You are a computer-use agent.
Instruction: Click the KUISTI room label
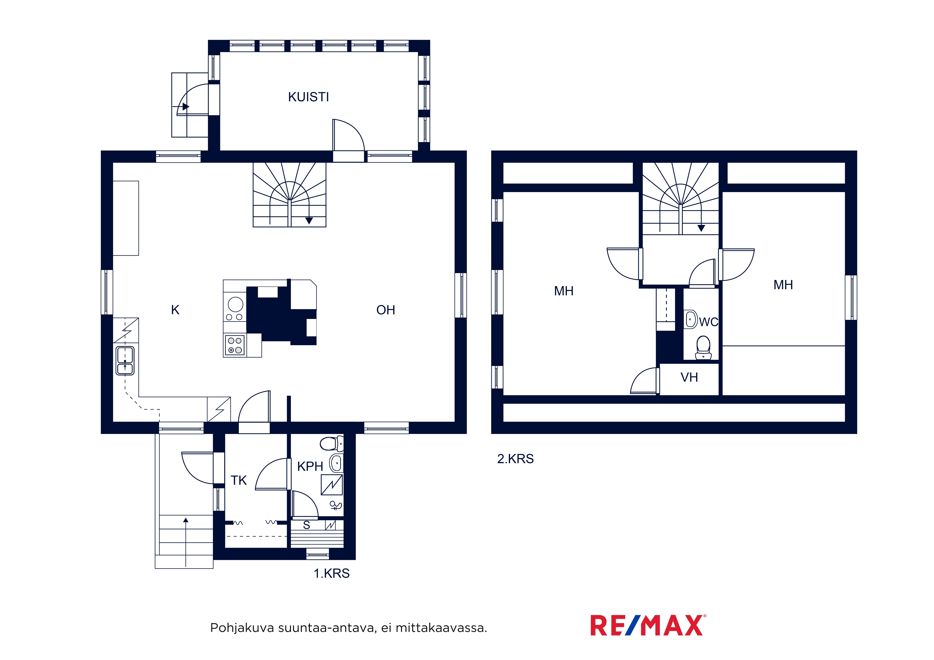tap(308, 97)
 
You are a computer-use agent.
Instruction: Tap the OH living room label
tap(386, 310)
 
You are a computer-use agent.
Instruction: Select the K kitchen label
tap(175, 310)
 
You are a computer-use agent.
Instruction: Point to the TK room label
tap(239, 480)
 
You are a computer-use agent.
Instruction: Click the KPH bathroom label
tap(310, 466)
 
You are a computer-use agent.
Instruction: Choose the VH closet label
tap(689, 377)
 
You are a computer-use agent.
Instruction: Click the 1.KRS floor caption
tap(332, 573)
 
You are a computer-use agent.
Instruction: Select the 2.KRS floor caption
tap(515, 459)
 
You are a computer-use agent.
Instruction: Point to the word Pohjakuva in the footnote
tap(242, 628)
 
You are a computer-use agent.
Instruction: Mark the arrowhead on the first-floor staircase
tap(309, 221)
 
